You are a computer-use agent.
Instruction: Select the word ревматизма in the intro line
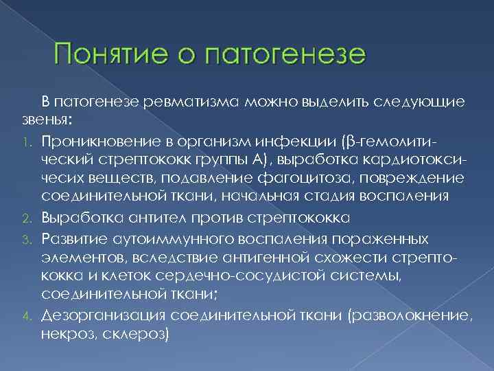(x=194, y=102)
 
